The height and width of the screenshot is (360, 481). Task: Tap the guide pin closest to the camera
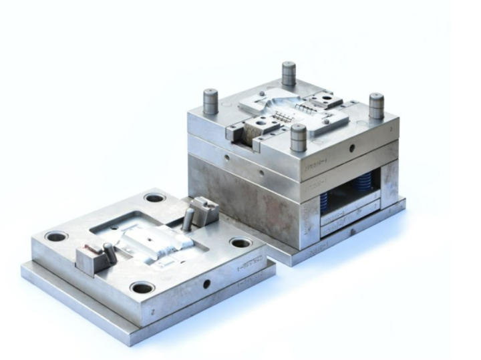299,138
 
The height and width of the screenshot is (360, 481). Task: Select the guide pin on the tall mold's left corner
211,102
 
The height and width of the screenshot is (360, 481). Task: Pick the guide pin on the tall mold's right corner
376,106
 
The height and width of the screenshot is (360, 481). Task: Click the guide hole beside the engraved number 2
142,288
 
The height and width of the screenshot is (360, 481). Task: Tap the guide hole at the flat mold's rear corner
154,198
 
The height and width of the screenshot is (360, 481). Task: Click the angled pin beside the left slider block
110,252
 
